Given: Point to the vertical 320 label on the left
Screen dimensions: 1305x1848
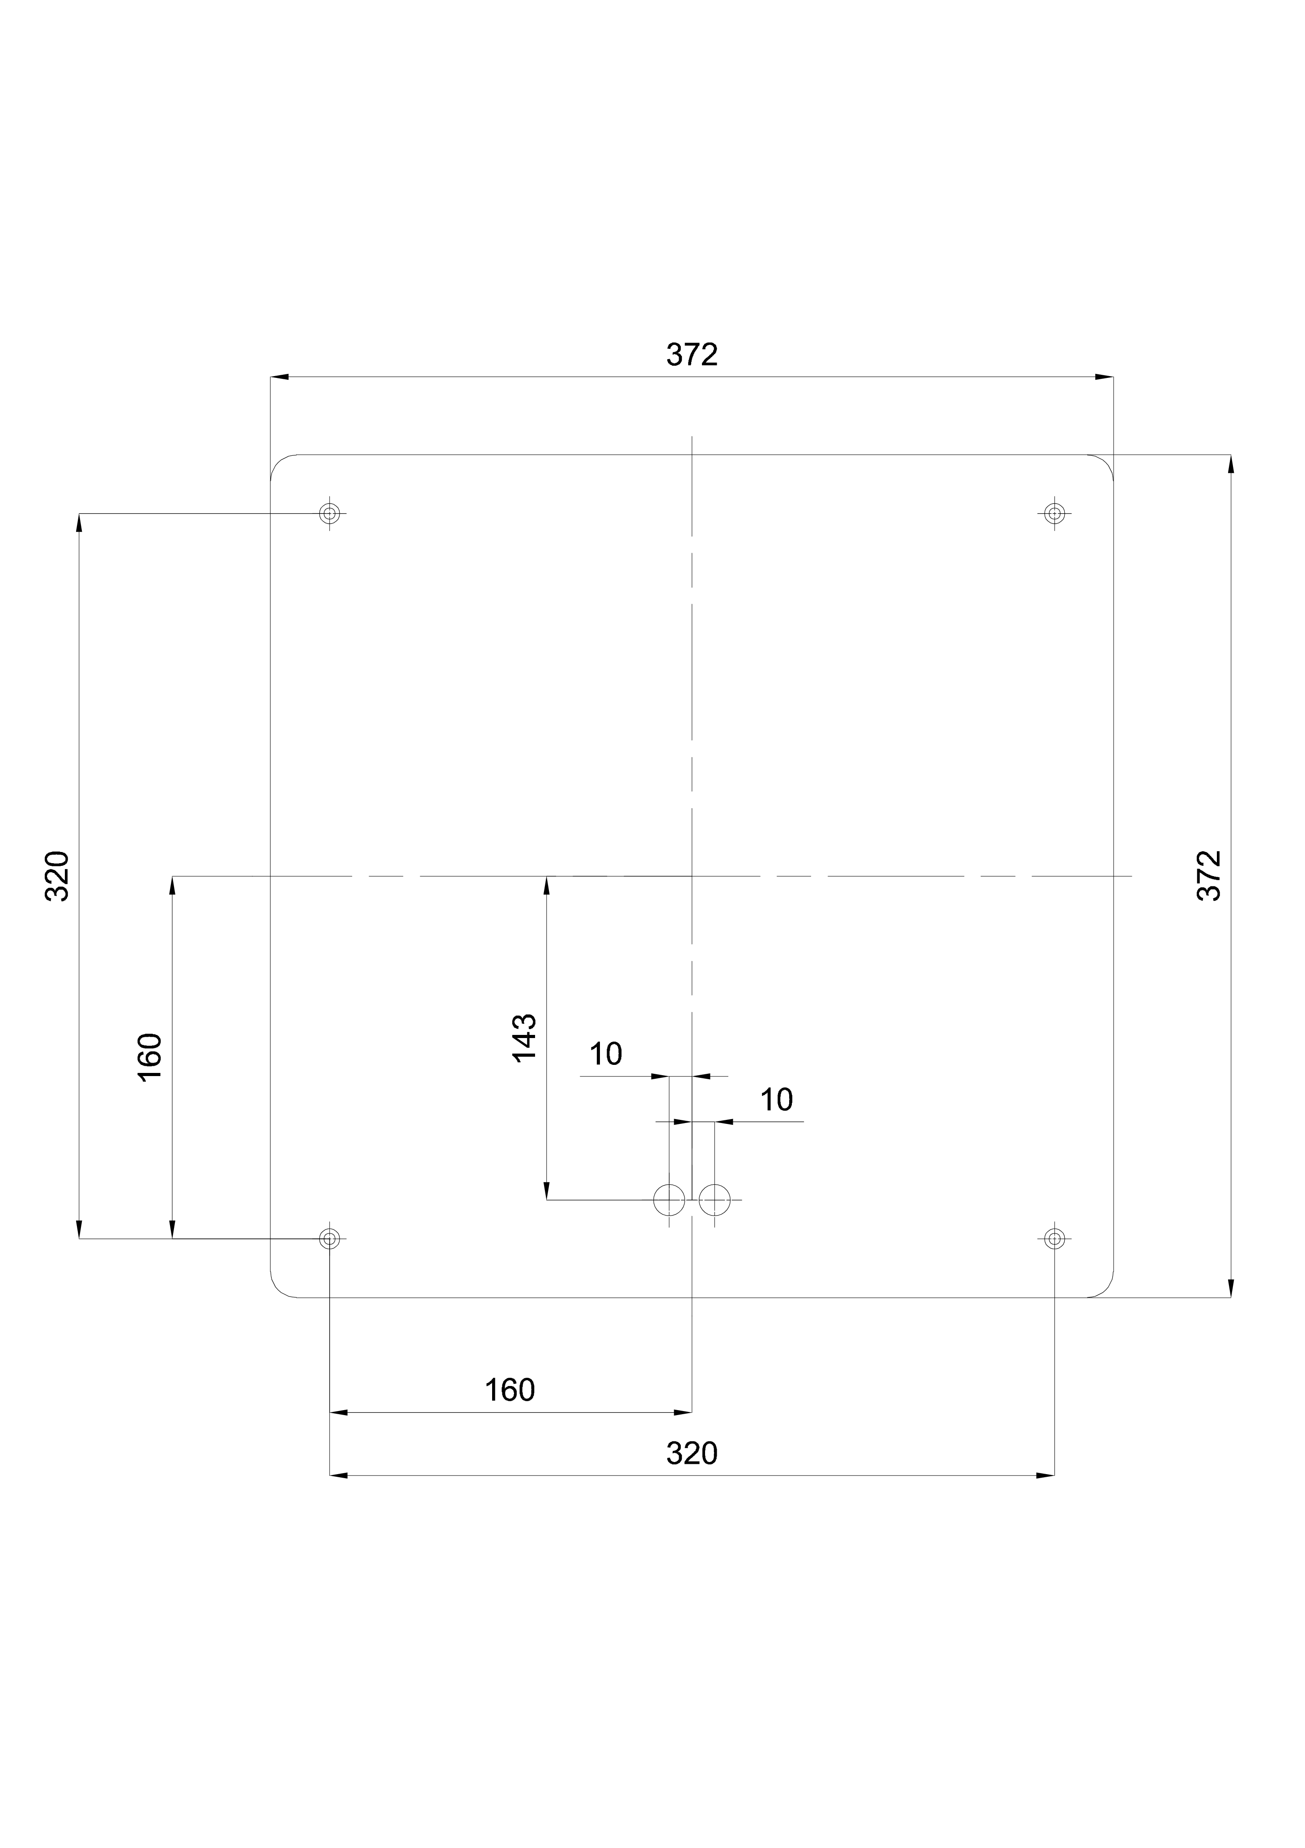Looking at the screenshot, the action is click(x=57, y=876).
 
